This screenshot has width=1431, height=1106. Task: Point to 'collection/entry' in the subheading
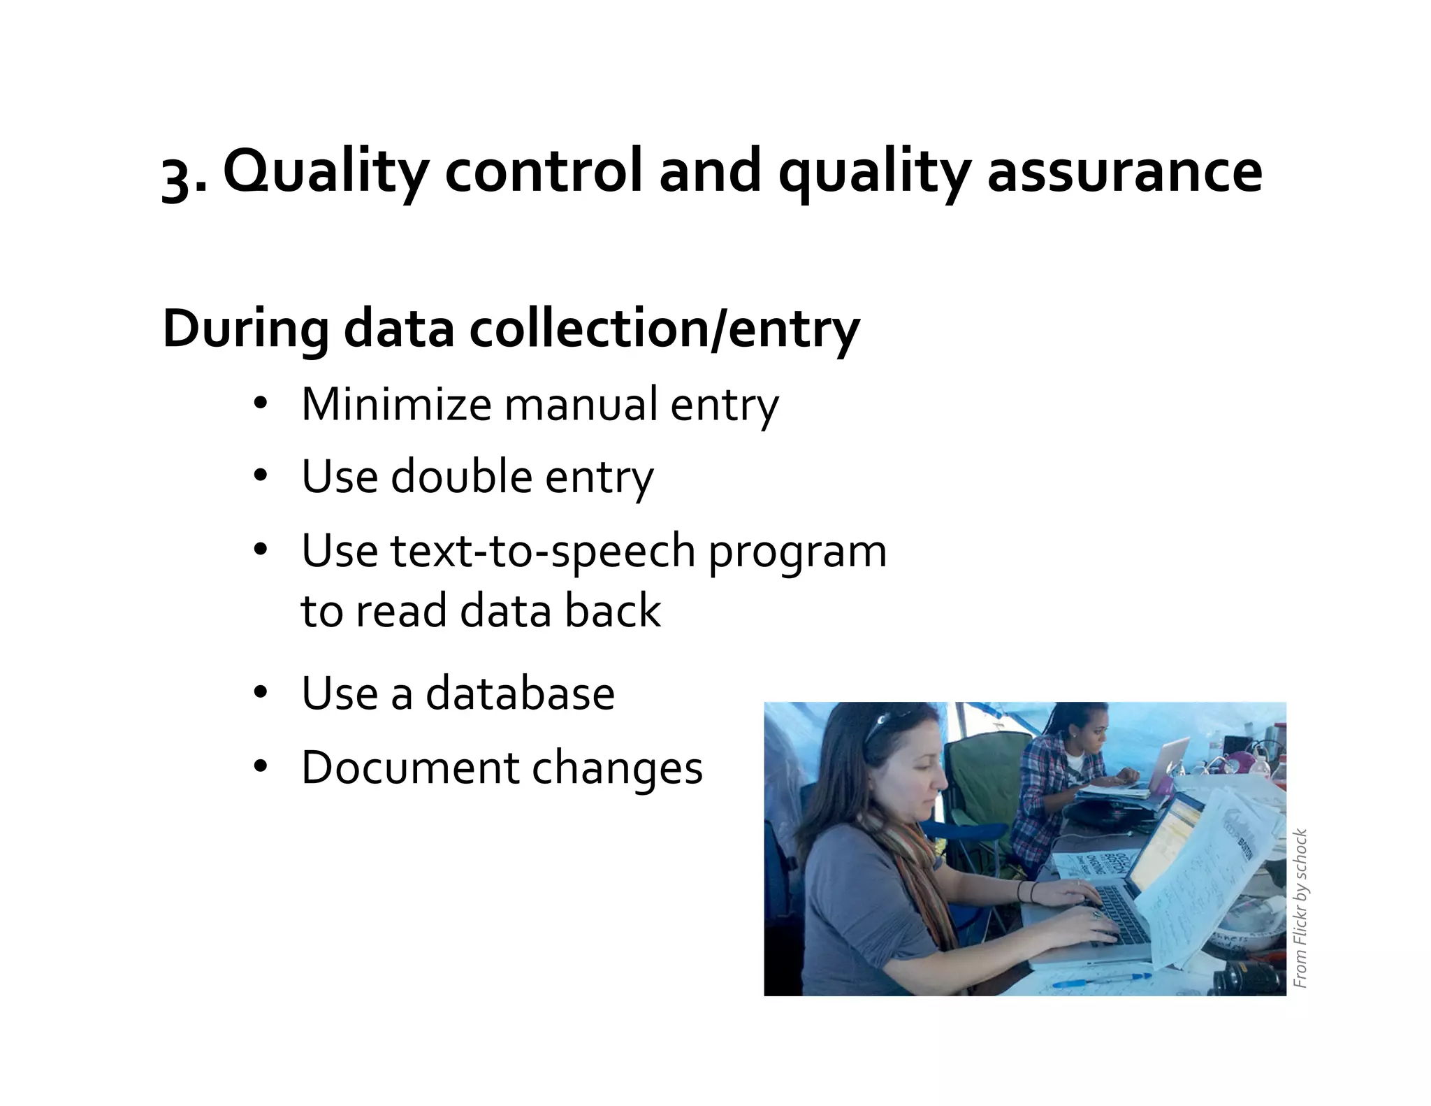[x=664, y=329]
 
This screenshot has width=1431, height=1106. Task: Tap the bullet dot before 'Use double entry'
[x=261, y=477]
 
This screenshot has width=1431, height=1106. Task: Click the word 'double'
[x=461, y=477]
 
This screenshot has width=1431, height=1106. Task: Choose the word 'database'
[x=520, y=694]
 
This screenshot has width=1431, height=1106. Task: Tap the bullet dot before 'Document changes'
[x=261, y=767]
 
